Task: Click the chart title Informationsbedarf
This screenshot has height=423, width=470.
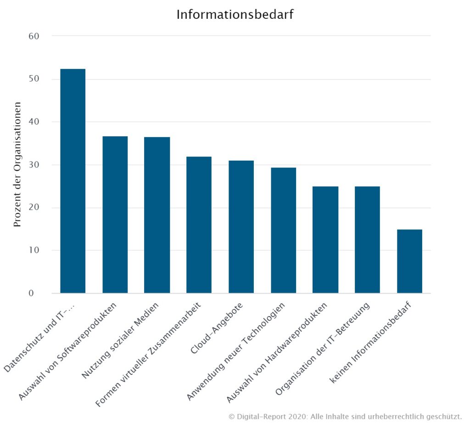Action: pos(235,15)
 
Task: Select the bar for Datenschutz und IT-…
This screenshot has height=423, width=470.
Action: pos(73,181)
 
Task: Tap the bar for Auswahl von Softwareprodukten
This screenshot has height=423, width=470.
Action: pos(115,215)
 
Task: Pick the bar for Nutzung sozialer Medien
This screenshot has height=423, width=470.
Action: pos(157,215)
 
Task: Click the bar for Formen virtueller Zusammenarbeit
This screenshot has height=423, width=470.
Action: pos(199,225)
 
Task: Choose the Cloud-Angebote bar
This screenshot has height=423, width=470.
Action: pos(241,227)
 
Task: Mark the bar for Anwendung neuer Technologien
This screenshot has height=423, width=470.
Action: pos(283,230)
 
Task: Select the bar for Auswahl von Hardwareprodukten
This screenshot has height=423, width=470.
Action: pos(325,239)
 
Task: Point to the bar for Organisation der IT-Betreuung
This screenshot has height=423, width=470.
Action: pos(367,239)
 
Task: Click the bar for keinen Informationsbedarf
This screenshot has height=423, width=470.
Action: pos(409,261)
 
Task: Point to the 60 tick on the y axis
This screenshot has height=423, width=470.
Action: pos(34,36)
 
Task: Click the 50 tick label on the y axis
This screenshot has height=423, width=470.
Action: pos(34,79)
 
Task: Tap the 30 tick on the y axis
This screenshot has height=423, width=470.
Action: pos(34,165)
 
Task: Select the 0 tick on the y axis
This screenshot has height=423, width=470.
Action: pos(37,293)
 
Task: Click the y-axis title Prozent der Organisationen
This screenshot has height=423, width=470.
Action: pos(17,164)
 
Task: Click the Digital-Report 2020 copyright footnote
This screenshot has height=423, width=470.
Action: pos(344,416)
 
